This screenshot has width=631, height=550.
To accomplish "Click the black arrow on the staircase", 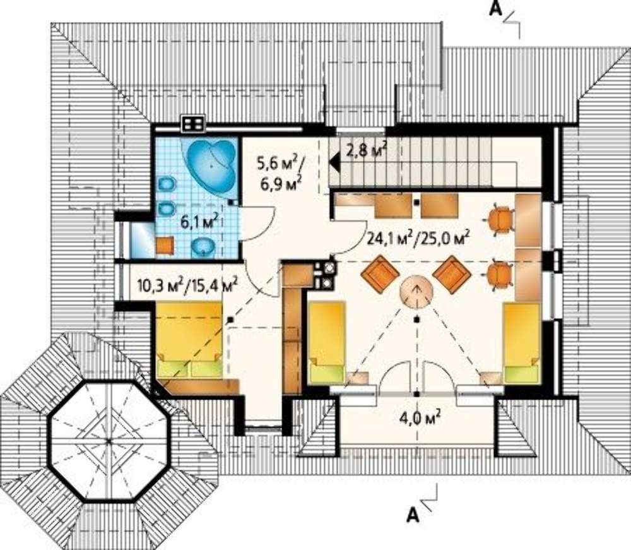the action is click(334, 163).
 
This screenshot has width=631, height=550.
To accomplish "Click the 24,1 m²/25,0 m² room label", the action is click(419, 240).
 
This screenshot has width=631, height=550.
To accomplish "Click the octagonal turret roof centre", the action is click(109, 441).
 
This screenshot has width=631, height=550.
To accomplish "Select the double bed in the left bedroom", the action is click(189, 340).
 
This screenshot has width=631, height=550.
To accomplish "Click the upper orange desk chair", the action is click(499, 218).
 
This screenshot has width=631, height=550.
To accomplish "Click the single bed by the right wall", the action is click(522, 343).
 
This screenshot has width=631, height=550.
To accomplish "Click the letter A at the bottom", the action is click(413, 515).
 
